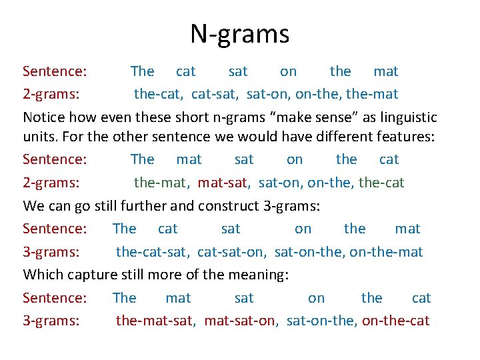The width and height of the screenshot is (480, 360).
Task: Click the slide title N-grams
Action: tap(239, 33)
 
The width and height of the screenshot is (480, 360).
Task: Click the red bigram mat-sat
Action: tap(226, 182)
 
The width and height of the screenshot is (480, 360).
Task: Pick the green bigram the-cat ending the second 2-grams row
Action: tap(381, 182)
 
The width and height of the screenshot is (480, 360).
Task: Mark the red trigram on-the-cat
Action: tap(397, 321)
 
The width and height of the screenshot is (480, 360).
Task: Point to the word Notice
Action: tap(44, 118)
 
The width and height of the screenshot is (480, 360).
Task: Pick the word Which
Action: tap(43, 275)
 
